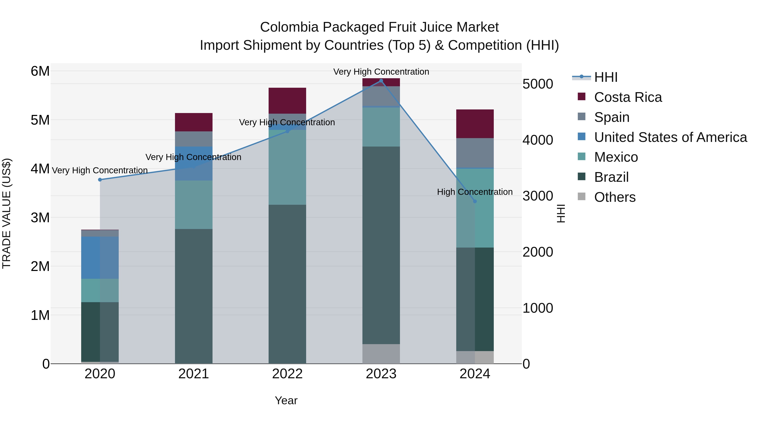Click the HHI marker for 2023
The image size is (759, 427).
tap(381, 81)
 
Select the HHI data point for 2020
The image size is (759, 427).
tap(100, 180)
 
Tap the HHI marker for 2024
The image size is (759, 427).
tap(475, 201)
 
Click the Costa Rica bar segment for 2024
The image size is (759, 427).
tap(475, 124)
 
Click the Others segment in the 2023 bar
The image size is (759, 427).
tap(381, 354)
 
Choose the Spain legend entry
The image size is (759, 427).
tap(612, 117)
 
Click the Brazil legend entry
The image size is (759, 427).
tap(611, 177)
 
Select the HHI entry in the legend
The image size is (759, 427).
tap(606, 77)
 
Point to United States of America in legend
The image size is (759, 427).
tap(670, 137)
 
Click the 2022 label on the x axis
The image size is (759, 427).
tap(287, 374)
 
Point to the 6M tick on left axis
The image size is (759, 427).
tap(40, 71)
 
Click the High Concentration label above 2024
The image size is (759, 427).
tap(475, 192)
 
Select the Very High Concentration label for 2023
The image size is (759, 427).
tap(381, 72)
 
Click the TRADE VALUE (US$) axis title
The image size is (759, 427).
tap(7, 213)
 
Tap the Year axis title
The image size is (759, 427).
tap(286, 400)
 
